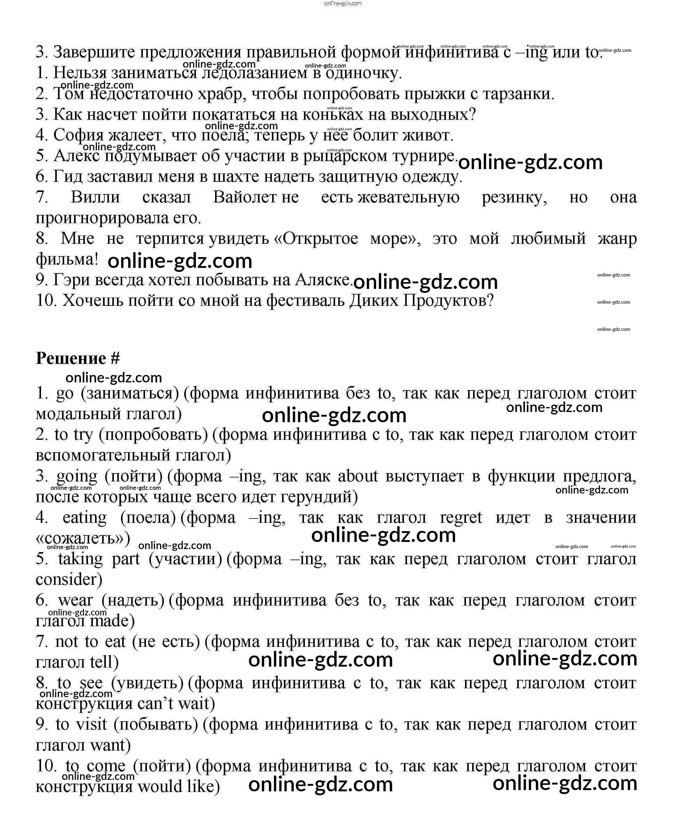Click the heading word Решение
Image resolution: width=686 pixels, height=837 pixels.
[x=71, y=358]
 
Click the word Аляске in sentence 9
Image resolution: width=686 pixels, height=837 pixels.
[x=322, y=280]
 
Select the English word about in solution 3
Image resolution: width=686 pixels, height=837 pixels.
[x=358, y=476]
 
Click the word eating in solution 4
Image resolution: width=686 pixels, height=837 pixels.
[x=85, y=517]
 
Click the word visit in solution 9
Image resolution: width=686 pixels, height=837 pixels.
[x=91, y=724]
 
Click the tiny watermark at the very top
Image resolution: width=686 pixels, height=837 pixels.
[x=343, y=4]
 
